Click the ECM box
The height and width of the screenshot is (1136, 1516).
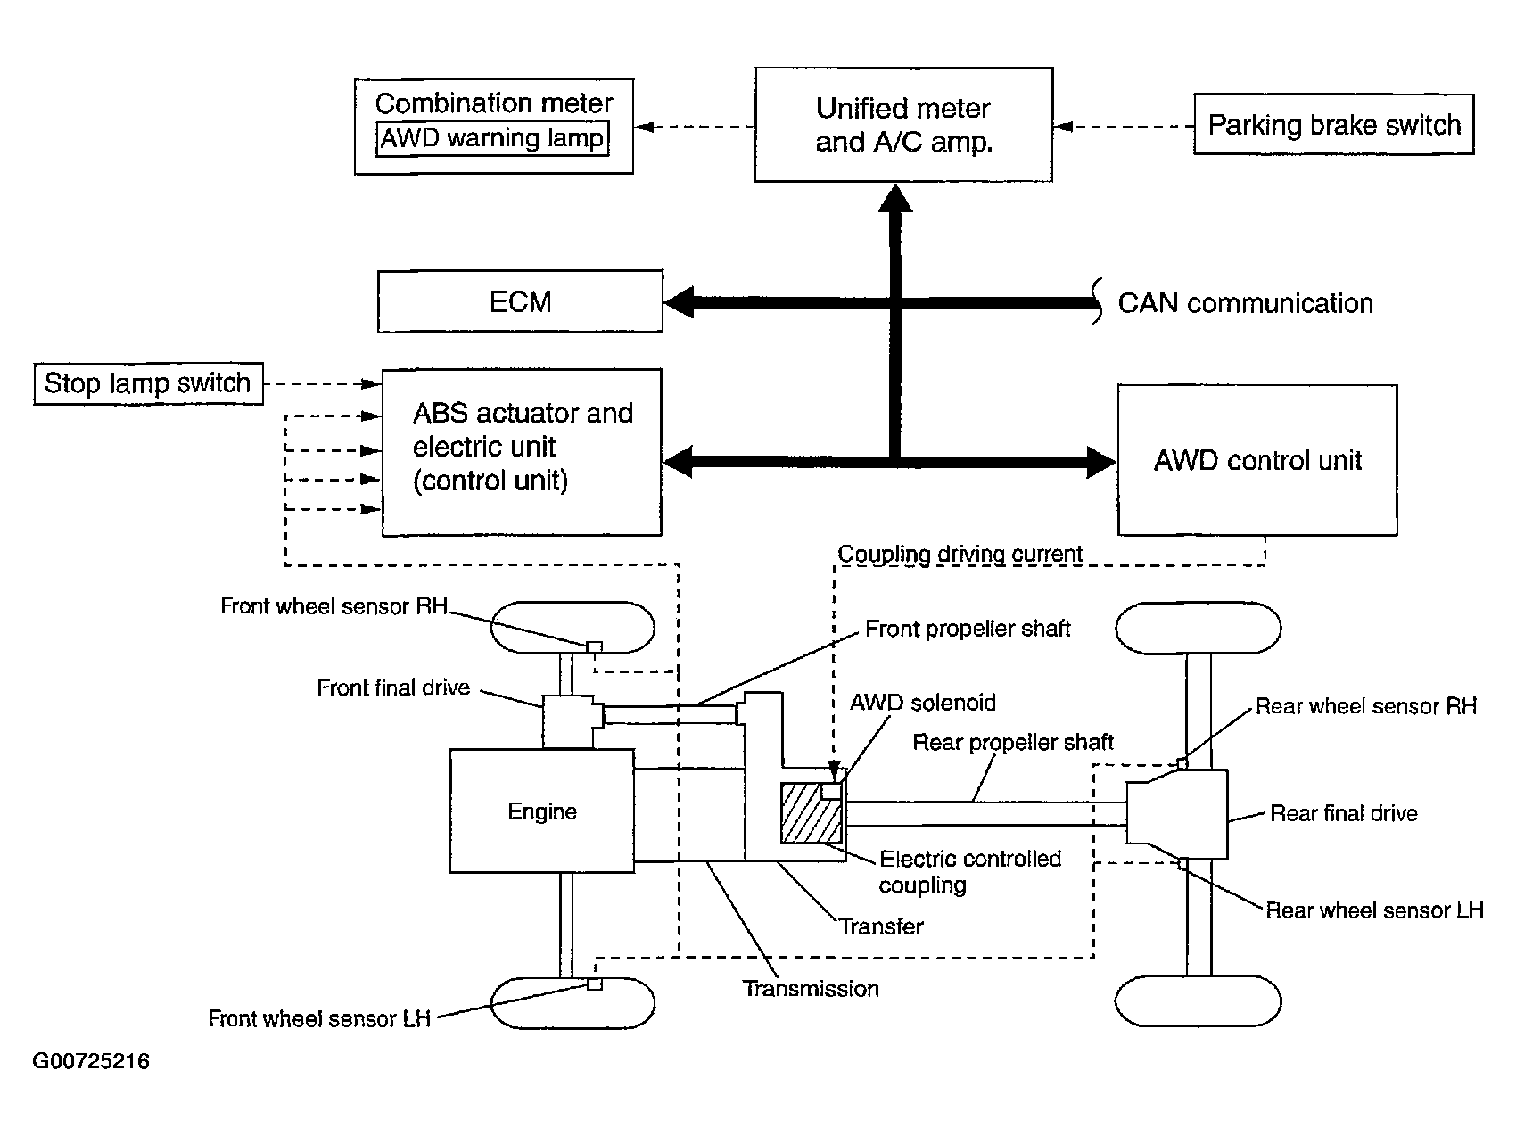[x=520, y=301]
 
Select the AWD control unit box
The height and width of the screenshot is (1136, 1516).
[x=1257, y=460]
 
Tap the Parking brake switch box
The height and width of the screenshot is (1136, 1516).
[x=1333, y=125]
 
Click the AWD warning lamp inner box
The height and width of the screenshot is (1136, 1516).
[x=492, y=139]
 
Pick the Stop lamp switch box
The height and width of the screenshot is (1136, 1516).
[x=148, y=383]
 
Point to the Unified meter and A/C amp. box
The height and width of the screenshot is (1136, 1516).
[x=903, y=125]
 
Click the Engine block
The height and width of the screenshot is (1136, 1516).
[x=541, y=811]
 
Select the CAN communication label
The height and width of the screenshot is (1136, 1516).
[x=1245, y=303]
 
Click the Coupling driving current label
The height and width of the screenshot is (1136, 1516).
[x=960, y=554]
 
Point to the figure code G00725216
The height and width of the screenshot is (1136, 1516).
[x=91, y=1061]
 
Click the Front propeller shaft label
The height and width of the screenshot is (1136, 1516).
[x=968, y=629]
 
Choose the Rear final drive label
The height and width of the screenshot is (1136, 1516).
[x=1343, y=813]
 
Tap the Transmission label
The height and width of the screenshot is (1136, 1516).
[x=811, y=988]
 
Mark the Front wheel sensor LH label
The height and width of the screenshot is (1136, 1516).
[x=319, y=1018]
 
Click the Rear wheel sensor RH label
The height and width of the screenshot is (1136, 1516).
[x=1365, y=706]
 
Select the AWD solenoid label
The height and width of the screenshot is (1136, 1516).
[x=922, y=702]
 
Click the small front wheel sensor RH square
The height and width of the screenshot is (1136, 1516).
[x=594, y=646]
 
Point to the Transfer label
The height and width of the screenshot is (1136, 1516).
[x=881, y=926]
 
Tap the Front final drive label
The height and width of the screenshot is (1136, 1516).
[x=393, y=687]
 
